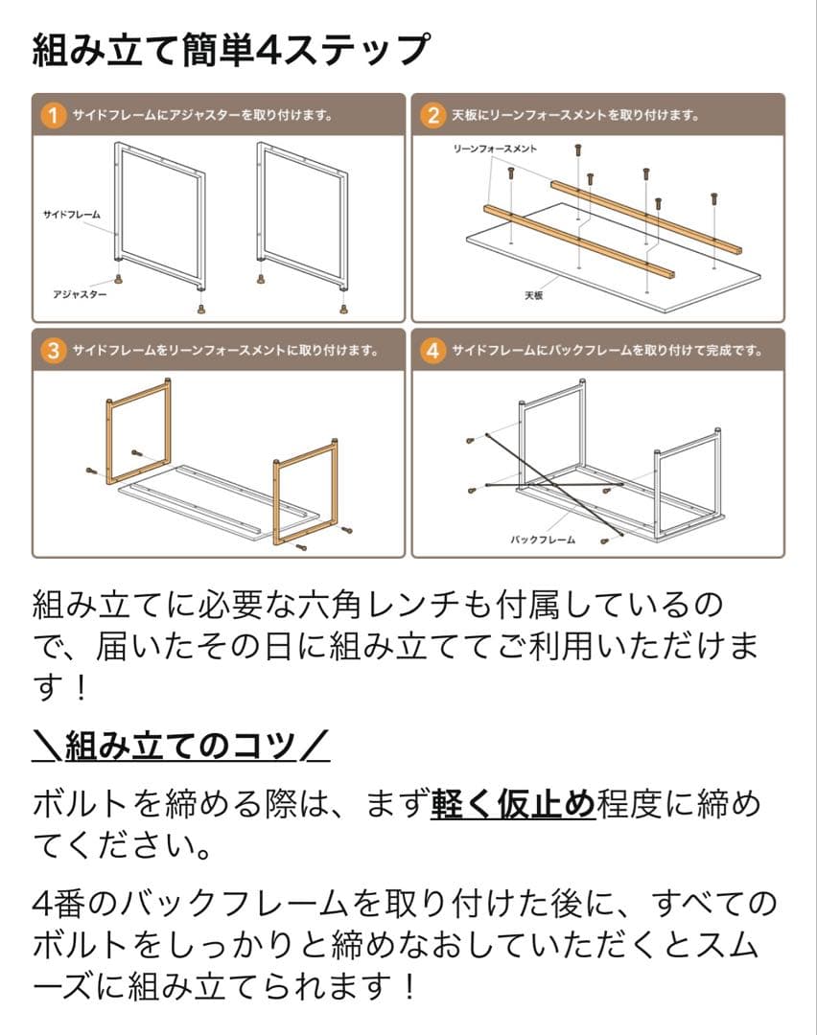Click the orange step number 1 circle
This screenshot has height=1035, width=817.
[54, 116]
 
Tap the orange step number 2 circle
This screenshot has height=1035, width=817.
[433, 116]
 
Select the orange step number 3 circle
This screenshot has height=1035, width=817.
[54, 351]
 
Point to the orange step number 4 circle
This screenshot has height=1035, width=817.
[433, 351]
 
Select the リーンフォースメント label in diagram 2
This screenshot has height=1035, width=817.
[495, 149]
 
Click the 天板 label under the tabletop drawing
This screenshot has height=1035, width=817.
[534, 295]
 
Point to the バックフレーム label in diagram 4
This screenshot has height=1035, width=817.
[543, 540]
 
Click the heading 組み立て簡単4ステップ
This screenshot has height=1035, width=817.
[230, 50]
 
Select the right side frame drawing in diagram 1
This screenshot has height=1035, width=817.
[299, 216]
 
